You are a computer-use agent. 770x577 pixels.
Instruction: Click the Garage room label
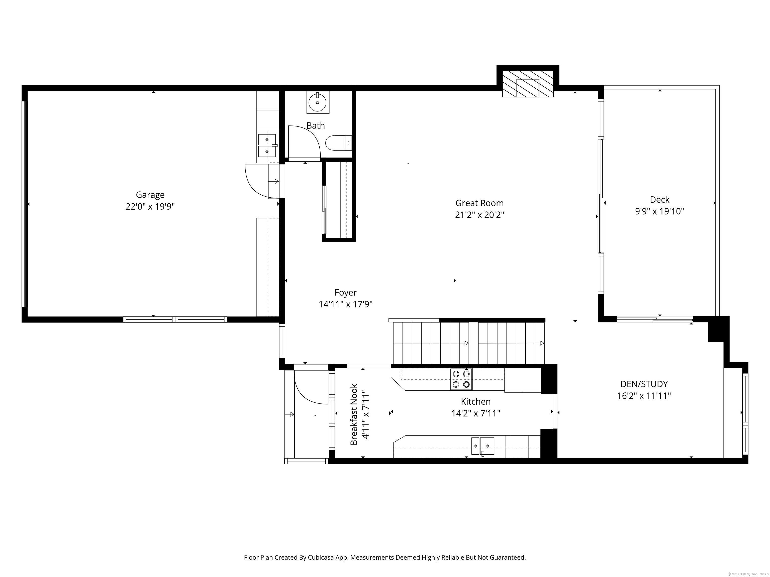150,195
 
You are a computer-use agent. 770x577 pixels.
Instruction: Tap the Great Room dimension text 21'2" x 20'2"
479,215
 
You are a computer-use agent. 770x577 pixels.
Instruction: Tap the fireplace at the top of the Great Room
528,84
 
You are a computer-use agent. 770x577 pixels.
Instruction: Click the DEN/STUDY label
644,384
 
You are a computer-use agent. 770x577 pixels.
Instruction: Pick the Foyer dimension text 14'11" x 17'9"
346,304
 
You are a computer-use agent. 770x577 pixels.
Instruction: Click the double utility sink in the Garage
267,146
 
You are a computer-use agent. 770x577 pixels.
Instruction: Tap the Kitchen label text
475,402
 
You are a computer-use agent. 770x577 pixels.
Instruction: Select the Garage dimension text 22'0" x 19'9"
150,207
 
